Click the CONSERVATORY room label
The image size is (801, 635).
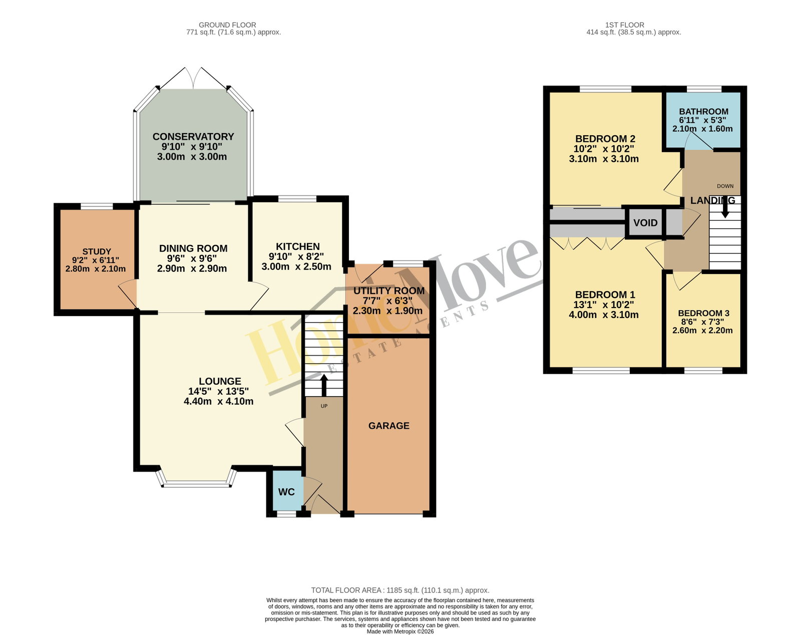(x=193, y=137)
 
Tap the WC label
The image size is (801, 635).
(x=286, y=492)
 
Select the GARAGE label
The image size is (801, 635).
(x=388, y=426)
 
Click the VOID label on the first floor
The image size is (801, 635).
(x=645, y=223)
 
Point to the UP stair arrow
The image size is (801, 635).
(x=324, y=385)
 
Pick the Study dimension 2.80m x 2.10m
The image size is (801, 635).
(x=95, y=268)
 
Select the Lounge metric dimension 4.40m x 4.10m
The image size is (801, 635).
(x=218, y=401)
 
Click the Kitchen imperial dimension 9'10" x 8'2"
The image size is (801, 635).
(x=296, y=256)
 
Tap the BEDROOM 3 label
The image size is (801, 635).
(x=703, y=313)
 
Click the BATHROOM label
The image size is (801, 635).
(x=703, y=111)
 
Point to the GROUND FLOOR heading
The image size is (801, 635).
(x=227, y=25)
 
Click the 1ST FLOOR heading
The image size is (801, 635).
(x=625, y=25)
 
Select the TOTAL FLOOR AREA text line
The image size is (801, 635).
(x=400, y=590)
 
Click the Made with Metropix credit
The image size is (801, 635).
(x=400, y=631)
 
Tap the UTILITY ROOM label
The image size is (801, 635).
(x=388, y=290)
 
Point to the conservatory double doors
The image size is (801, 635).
(x=193, y=78)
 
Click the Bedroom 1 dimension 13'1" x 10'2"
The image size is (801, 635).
(x=603, y=304)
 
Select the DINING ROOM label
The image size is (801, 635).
(x=193, y=248)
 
